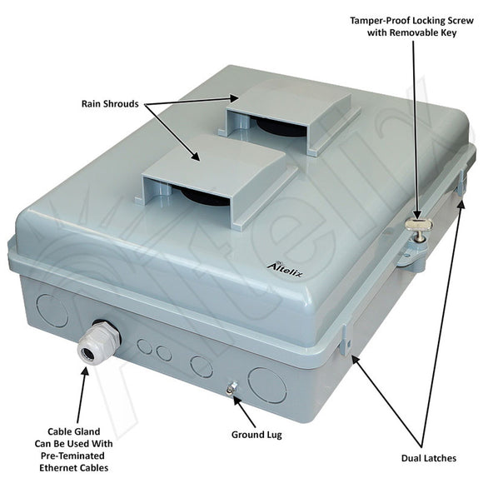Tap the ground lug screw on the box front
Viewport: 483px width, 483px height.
[231, 386]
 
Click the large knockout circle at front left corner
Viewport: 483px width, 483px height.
[52, 310]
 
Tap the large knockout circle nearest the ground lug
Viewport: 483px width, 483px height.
[266, 385]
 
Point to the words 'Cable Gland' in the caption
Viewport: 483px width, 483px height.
[78, 432]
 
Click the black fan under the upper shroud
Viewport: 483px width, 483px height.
[271, 127]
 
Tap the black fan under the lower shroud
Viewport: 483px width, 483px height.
[200, 197]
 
